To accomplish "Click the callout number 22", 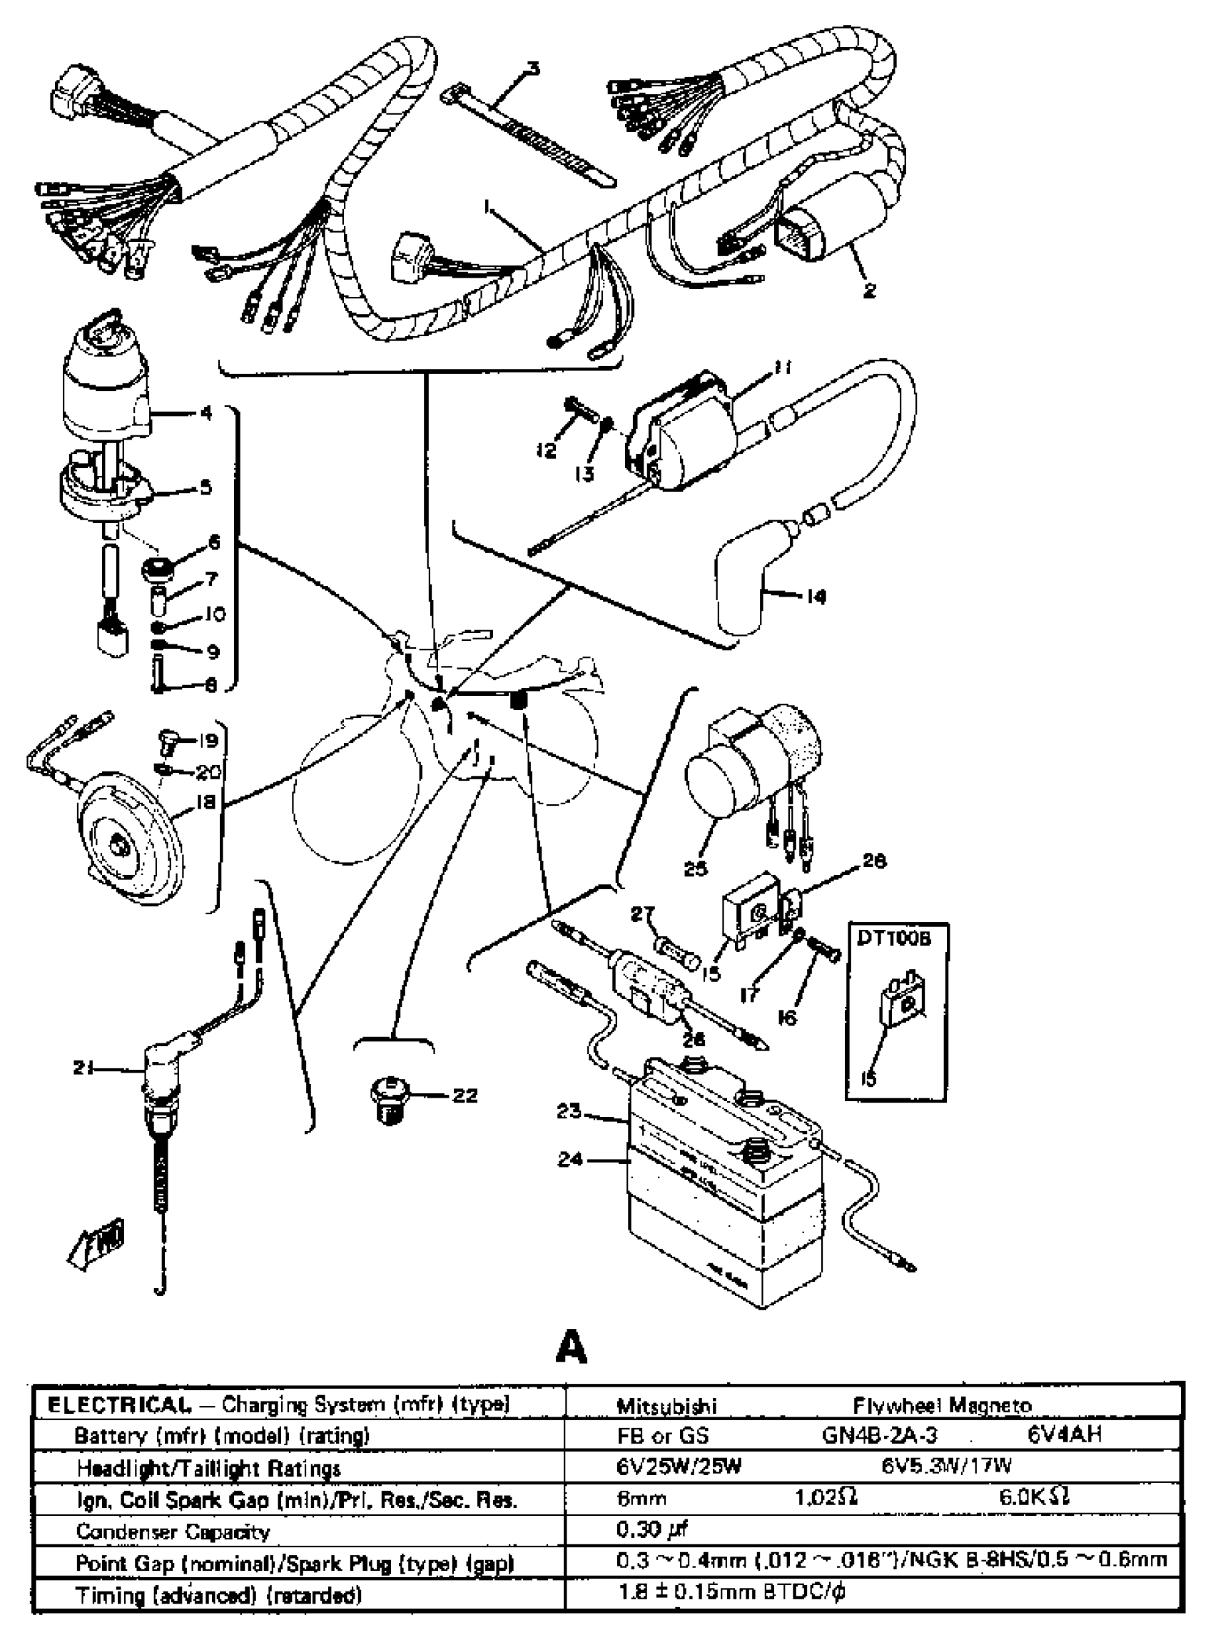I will coord(465,1095).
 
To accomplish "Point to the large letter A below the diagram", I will coord(572,1347).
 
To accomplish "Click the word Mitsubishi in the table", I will coord(666,1406).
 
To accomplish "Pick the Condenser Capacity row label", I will coord(173,1532).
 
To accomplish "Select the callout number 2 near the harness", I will coord(869,291).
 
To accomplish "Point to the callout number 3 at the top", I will coord(533,69).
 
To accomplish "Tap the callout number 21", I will coord(82,1068).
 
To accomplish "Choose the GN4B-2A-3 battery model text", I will coord(879,1435).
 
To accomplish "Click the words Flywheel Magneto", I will coord(942,1406).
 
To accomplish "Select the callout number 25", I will coord(696,869).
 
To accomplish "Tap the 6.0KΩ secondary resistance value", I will coord(1034,1497).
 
